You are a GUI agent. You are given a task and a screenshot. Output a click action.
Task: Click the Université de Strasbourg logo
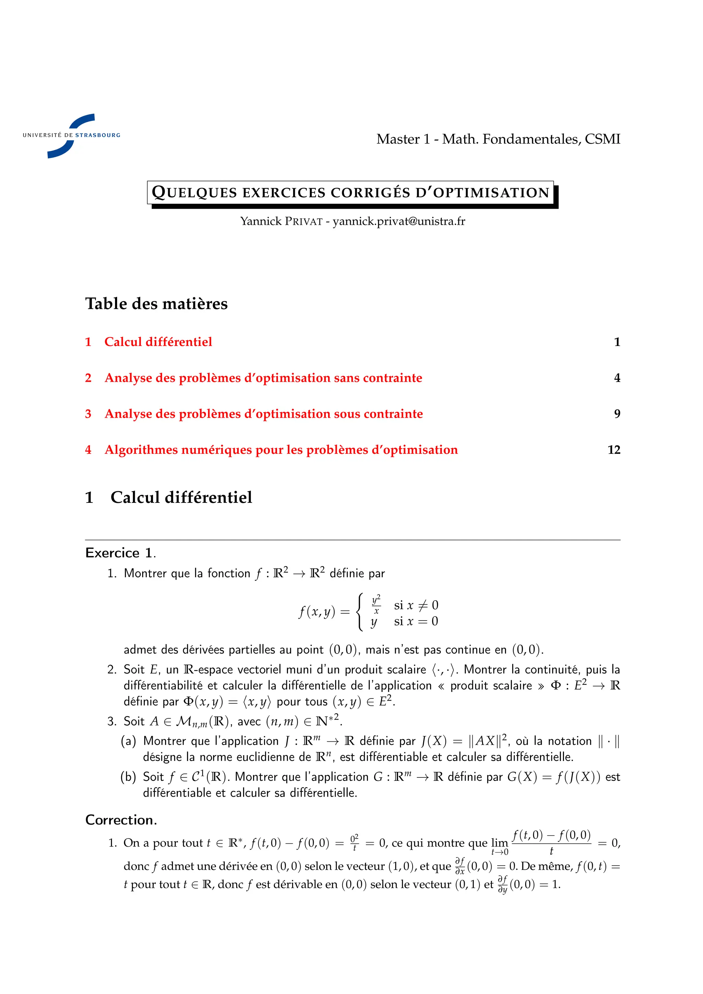click(71, 136)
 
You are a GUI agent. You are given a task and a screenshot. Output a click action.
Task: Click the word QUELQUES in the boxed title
click(194, 192)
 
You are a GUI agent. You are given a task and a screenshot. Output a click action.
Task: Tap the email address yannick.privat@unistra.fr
click(399, 221)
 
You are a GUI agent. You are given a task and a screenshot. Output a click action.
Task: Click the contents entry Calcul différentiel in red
click(158, 342)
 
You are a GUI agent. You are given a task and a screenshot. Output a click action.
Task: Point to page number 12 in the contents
click(613, 450)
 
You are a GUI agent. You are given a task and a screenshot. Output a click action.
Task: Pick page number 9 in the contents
click(617, 414)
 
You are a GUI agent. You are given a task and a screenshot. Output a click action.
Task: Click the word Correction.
click(121, 820)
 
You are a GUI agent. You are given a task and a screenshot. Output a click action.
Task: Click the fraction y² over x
click(376, 604)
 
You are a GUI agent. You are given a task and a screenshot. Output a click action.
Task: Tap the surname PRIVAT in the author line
click(303, 222)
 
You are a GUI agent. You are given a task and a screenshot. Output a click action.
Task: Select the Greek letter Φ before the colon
click(555, 686)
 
